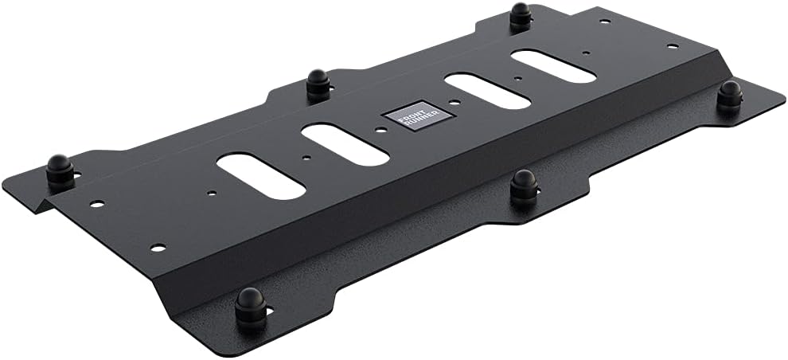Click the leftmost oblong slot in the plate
click(x=260, y=176)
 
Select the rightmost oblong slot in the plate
click(x=553, y=66)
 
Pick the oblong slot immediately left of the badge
click(x=345, y=144)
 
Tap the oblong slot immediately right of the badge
click(x=487, y=91)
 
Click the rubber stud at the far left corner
click(x=60, y=169)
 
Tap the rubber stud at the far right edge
click(x=728, y=95)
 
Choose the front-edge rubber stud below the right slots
click(x=523, y=184)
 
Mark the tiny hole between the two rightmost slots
click(x=518, y=79)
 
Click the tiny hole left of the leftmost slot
click(x=210, y=192)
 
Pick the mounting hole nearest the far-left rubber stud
click(x=96, y=204)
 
